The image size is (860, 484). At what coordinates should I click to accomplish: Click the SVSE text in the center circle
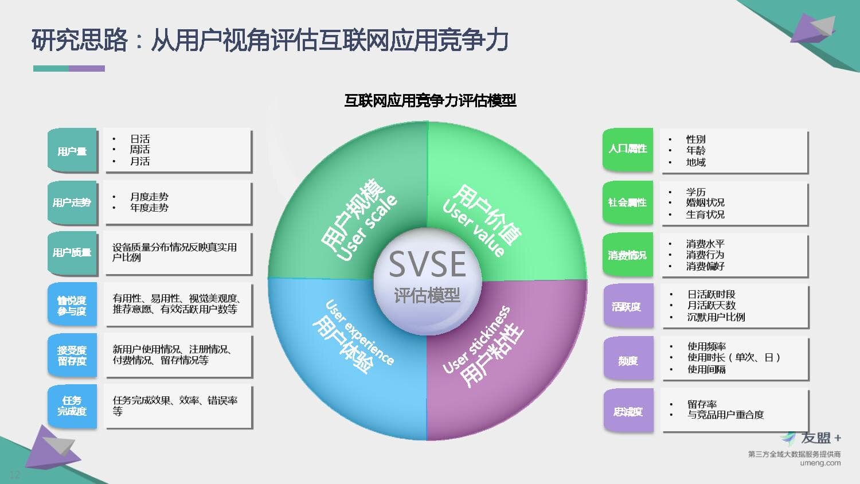tap(427, 264)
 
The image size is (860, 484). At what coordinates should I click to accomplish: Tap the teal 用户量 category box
tap(72, 150)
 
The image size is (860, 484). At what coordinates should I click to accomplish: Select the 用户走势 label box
tap(72, 202)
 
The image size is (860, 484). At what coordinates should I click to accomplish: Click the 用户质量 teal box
tap(72, 253)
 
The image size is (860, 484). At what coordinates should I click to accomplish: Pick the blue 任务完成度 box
tap(72, 406)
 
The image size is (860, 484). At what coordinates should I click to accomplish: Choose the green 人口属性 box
tap(628, 150)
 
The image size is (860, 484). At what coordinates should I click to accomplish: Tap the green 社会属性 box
tap(628, 202)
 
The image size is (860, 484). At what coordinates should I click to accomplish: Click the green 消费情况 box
tap(628, 255)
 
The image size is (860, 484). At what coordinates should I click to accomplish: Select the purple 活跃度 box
tap(628, 306)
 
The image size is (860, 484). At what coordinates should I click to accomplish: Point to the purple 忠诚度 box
tap(628, 411)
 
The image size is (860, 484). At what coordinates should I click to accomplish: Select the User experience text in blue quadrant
tap(359, 333)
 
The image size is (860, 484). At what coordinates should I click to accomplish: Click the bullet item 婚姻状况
tap(705, 202)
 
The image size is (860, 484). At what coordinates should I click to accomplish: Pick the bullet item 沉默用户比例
tap(716, 317)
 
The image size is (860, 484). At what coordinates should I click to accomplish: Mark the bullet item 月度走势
tap(149, 197)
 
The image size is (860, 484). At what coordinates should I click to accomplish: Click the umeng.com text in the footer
tap(820, 463)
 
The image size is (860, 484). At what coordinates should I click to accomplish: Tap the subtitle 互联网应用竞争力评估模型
tap(430, 100)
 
